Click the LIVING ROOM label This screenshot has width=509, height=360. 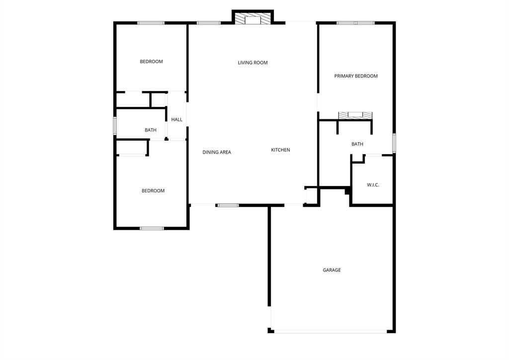[253, 63]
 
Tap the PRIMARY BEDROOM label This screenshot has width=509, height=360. [356, 76]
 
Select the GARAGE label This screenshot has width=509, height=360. [332, 270]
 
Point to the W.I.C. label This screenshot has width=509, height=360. [373, 185]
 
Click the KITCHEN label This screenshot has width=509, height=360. [280, 150]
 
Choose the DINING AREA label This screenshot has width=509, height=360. [217, 152]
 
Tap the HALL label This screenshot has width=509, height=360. [176, 119]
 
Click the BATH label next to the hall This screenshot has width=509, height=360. [151, 130]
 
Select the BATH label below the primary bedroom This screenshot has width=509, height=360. [357, 144]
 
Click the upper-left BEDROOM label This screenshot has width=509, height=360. [151, 62]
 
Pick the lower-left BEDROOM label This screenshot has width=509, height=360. [153, 191]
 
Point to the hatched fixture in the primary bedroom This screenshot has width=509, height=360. [355, 115]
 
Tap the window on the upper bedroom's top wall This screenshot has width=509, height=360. [151, 23]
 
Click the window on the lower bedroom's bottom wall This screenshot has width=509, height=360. [152, 228]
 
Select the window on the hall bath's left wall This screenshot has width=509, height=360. [115, 126]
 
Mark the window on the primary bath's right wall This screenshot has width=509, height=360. [394, 143]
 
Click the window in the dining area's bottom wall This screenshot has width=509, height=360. [228, 205]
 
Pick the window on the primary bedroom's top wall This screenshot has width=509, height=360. [355, 23]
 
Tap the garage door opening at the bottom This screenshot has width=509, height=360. [330, 331]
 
